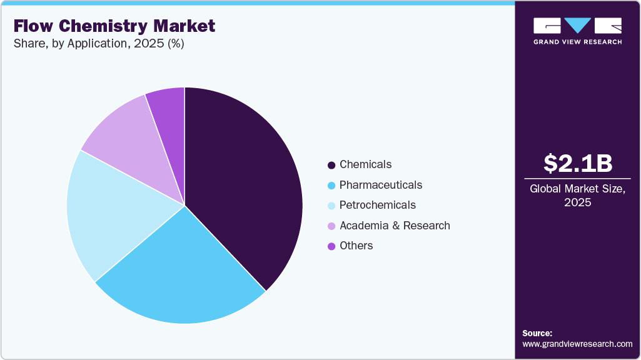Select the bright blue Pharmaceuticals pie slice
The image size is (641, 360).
tap(181, 275)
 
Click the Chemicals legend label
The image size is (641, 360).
tap(365, 164)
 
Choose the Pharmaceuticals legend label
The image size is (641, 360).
tap(380, 185)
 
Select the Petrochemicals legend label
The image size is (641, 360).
tap(377, 205)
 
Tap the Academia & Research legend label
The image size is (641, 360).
tap(395, 226)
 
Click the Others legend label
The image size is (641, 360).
tap(356, 246)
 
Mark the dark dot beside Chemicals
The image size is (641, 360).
tap(331, 165)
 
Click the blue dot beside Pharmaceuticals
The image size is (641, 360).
tap(331, 186)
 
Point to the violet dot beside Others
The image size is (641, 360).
tap(331, 246)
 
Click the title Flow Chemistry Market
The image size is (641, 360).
tap(114, 26)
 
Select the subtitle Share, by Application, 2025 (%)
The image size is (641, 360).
tap(99, 44)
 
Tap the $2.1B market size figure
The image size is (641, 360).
tap(578, 163)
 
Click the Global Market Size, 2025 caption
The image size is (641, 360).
tap(578, 196)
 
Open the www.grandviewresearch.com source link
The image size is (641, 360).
tap(577, 344)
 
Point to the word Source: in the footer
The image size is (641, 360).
tap(537, 333)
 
